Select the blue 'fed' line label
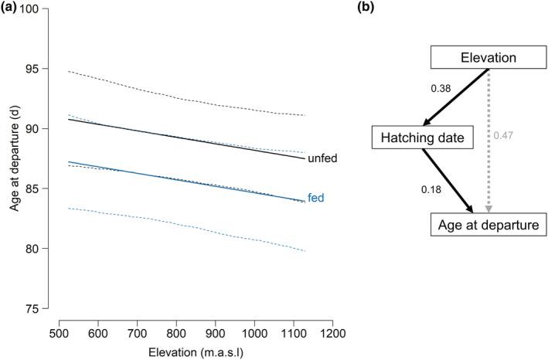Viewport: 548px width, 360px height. tap(315, 198)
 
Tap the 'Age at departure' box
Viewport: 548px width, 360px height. tap(479, 224)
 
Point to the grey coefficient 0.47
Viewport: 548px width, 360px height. tap(503, 136)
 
